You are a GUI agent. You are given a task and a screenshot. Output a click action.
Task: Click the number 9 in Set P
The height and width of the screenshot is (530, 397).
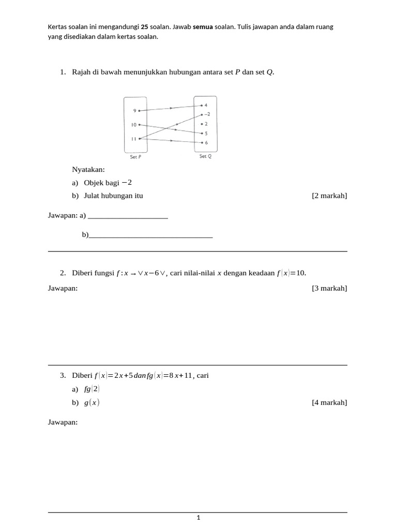point(134,111)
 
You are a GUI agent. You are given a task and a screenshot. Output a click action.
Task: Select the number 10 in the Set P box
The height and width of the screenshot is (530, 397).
point(133,125)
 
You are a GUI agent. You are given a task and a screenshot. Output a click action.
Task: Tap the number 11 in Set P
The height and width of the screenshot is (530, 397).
point(133,139)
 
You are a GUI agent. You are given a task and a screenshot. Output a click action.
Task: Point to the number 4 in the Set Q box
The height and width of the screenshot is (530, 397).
point(206,105)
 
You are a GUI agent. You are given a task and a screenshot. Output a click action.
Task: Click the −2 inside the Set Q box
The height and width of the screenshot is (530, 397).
point(207,114)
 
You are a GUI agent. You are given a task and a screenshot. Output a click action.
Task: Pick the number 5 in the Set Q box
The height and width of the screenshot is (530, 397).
point(206,133)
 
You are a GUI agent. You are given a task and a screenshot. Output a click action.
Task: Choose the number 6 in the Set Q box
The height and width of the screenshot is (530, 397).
point(206,142)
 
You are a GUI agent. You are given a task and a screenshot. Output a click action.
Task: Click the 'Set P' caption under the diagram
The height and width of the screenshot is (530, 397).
point(136,157)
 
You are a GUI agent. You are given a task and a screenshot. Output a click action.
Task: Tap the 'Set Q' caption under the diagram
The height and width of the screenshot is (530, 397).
point(205,156)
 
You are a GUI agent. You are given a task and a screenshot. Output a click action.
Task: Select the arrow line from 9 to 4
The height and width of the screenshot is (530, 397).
point(171,108)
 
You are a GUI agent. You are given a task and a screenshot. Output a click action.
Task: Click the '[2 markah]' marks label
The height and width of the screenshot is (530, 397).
point(329,196)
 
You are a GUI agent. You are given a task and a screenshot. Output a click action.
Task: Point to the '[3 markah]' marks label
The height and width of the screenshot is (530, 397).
point(329,288)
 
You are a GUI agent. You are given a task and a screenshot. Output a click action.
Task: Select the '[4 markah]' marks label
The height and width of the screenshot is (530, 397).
point(329,402)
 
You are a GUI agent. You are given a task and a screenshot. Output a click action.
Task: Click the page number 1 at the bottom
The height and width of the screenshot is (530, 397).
point(198,518)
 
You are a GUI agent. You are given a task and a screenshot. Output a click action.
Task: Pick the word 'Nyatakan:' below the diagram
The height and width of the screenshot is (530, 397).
point(88,170)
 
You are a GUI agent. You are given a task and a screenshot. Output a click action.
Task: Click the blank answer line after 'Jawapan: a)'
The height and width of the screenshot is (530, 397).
point(128,216)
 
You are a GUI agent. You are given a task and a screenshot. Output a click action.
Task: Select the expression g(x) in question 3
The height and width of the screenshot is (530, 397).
point(92,403)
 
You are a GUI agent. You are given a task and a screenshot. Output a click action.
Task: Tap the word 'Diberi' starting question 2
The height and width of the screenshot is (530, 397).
point(82,273)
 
